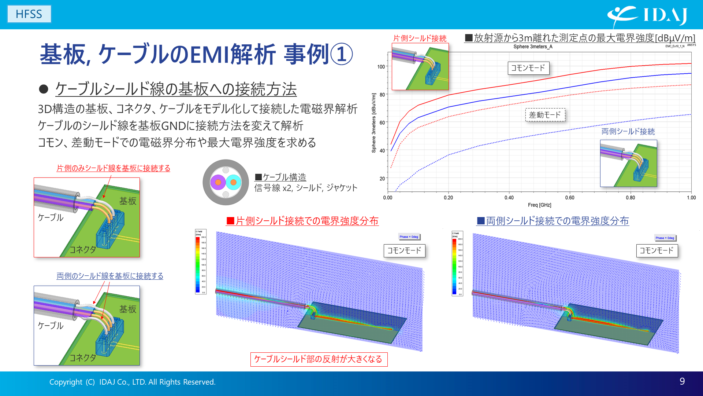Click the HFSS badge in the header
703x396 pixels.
29,14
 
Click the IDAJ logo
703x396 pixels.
647,15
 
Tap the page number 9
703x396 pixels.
682,381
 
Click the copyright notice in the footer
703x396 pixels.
132,382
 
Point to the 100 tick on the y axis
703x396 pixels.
381,67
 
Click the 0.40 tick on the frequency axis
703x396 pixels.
509,198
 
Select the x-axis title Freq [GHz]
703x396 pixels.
539,205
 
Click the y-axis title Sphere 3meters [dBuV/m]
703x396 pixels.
373,123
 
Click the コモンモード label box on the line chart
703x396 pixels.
528,68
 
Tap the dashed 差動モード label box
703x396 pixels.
545,115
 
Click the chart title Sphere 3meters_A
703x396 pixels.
532,47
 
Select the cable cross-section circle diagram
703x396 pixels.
226,182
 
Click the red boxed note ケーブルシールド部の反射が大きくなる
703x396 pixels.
319,359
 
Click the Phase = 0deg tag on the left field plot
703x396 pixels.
409,237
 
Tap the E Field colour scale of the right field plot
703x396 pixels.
457,263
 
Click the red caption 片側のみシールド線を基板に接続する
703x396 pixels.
113,168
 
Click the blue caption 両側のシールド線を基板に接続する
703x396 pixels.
110,276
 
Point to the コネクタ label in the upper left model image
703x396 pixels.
83,250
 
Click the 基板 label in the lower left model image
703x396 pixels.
127,309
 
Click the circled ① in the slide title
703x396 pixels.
341,54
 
